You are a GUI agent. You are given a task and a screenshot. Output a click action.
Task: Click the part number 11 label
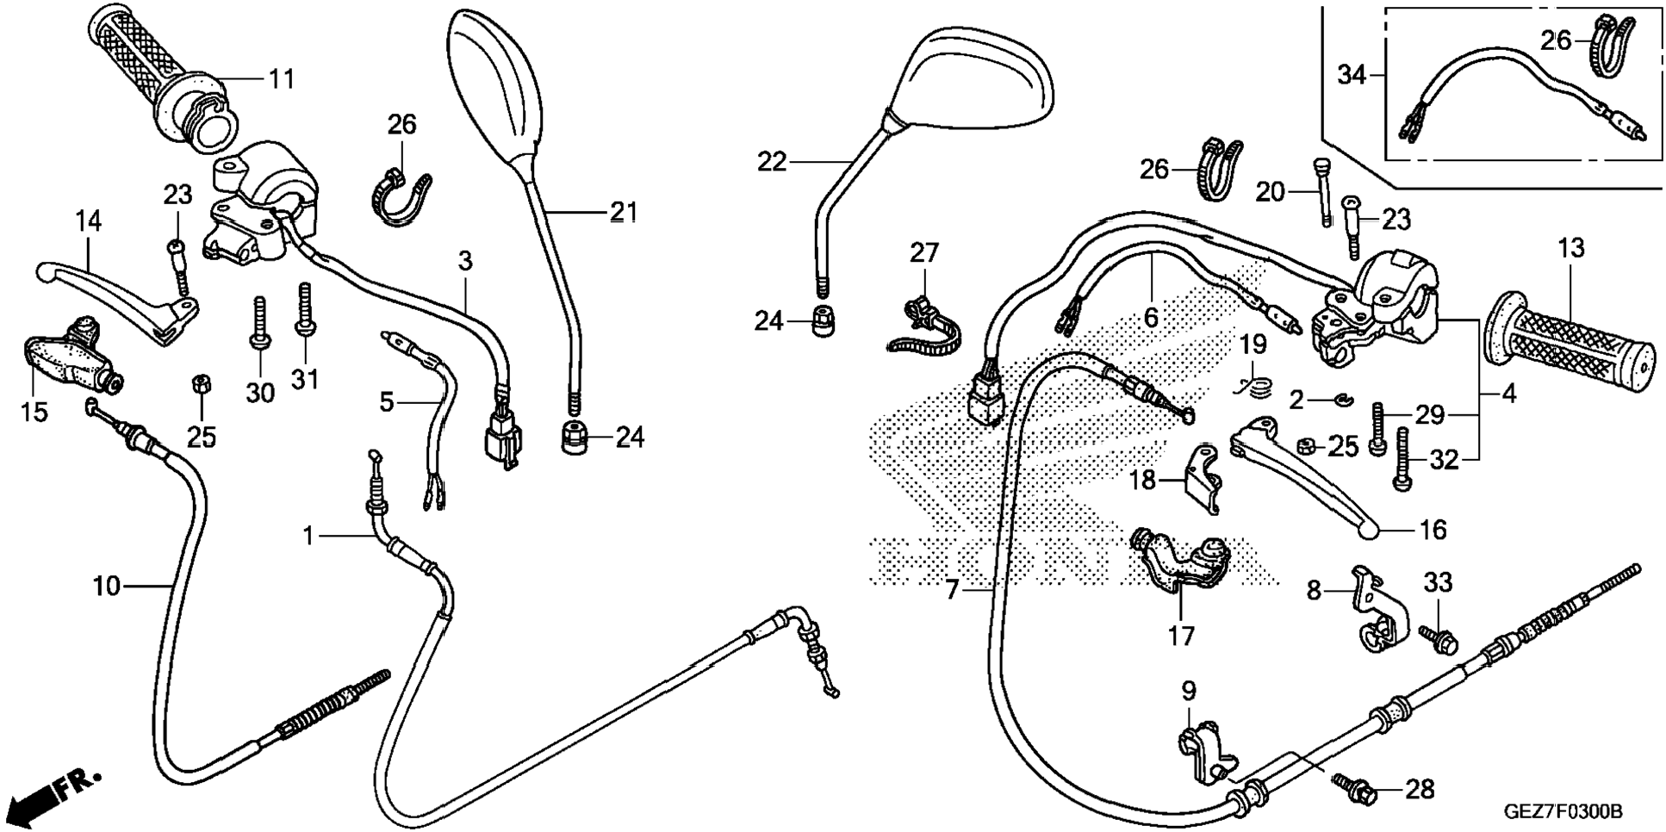click(282, 79)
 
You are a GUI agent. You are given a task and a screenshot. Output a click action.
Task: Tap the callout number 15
click(34, 412)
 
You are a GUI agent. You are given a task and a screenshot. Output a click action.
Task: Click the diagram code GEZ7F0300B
click(1563, 811)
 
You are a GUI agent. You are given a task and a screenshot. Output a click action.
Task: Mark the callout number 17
click(1181, 636)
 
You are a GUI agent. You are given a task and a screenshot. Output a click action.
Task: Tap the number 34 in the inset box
click(1352, 76)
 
